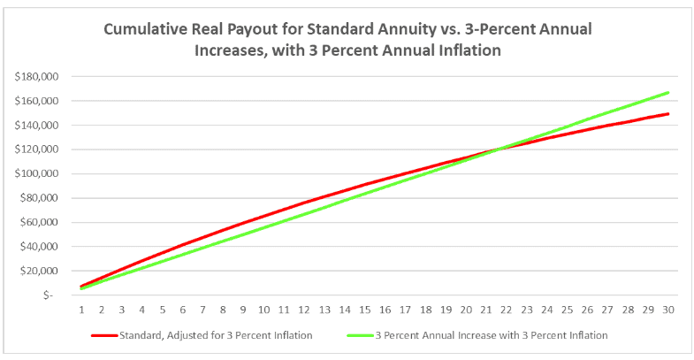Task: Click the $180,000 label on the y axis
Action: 36,77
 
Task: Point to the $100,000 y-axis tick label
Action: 36,173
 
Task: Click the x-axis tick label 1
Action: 81,310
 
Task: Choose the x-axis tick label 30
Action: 668,310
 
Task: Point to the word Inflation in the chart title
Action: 467,50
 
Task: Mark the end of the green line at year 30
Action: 668,92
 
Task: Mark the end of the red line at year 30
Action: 668,113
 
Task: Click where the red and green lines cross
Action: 498,149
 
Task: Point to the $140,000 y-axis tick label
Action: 36,126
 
